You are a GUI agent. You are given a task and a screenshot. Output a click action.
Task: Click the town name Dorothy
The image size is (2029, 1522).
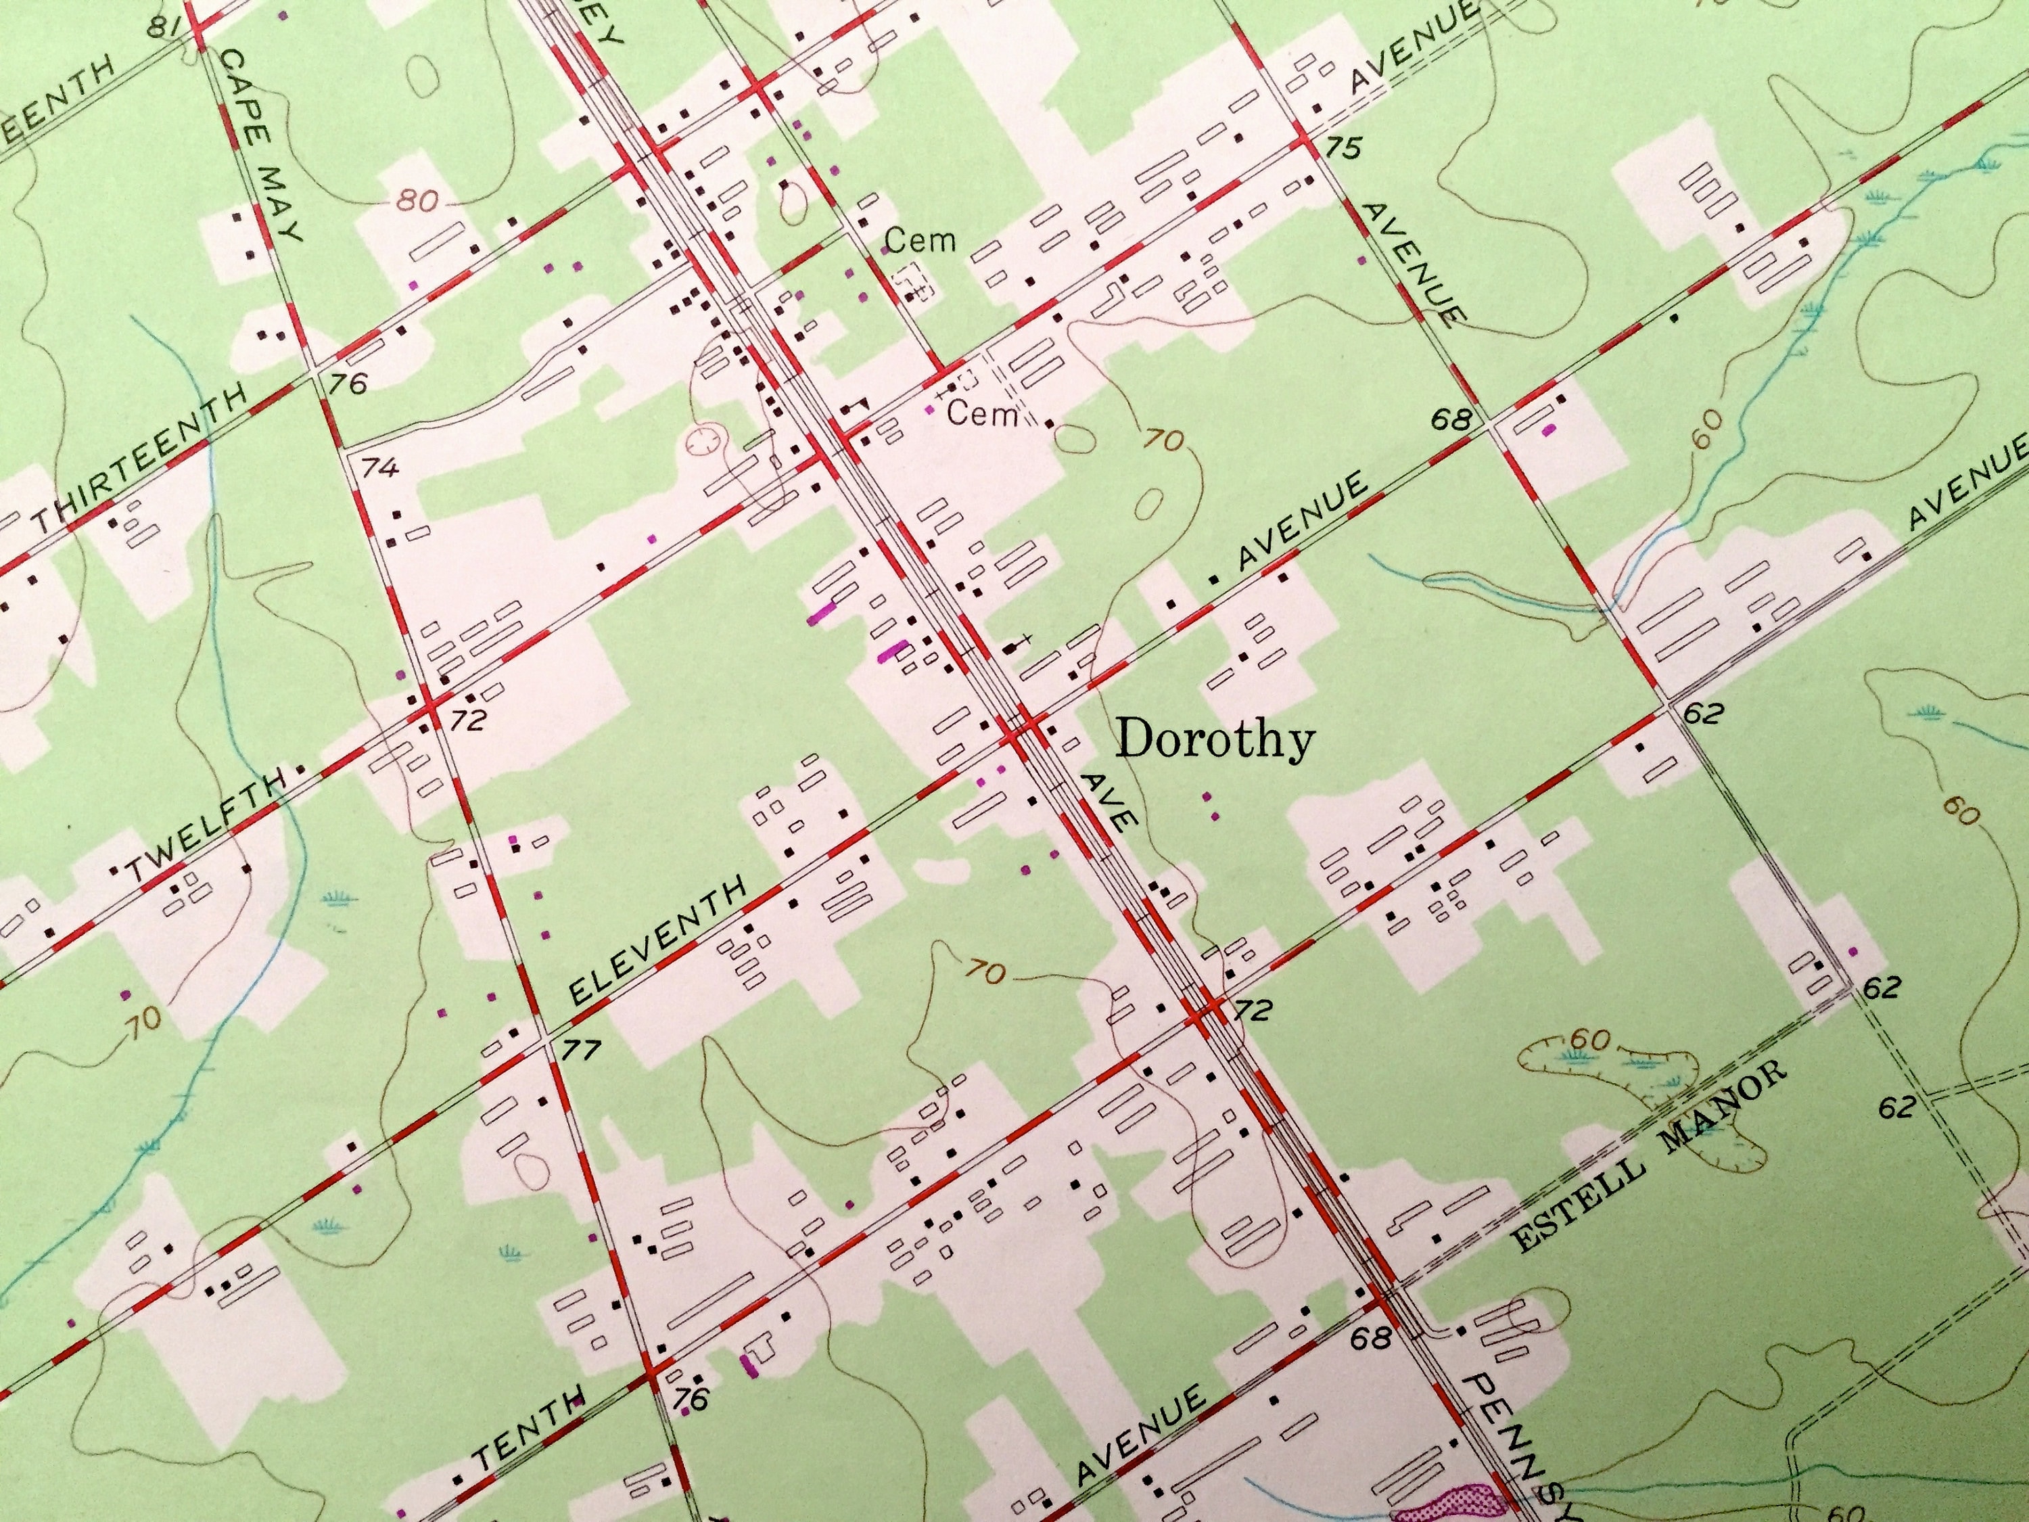click(1216, 739)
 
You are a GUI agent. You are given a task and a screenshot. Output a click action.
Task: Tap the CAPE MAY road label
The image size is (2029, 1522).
click(262, 147)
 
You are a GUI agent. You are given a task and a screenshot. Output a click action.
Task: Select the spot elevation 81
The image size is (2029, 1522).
click(166, 28)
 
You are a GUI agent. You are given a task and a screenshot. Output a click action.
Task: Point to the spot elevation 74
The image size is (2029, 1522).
click(379, 468)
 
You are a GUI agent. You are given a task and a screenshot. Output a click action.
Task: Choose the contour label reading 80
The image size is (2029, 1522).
click(417, 200)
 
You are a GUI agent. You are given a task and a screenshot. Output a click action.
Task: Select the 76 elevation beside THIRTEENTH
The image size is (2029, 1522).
click(348, 383)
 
